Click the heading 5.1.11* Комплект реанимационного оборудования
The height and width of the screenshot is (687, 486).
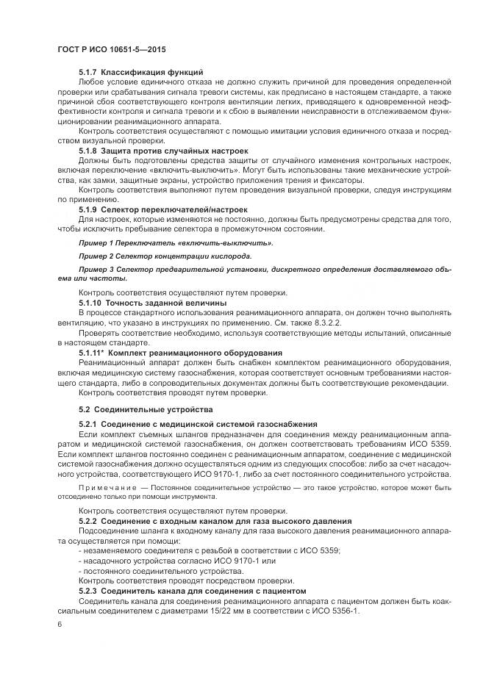click(180, 353)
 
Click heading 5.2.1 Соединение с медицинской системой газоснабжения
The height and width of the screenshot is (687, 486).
click(198, 424)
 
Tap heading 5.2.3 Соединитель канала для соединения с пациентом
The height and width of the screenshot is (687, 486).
click(195, 591)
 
